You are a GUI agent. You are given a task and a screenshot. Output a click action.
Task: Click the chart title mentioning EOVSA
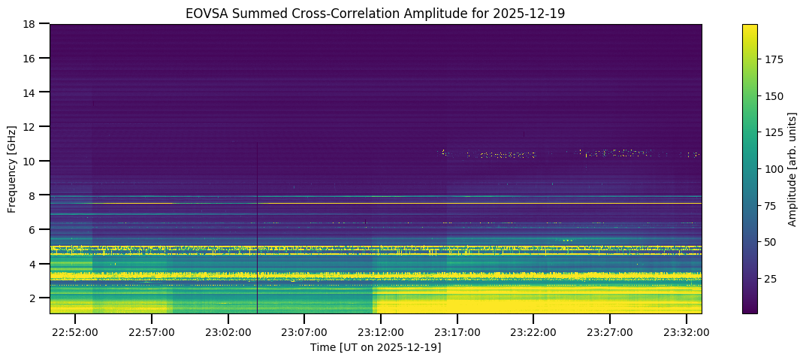point(375,13)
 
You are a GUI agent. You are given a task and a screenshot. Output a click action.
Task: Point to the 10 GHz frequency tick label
point(29,161)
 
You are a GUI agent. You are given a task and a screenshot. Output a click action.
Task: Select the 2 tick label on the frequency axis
point(32,298)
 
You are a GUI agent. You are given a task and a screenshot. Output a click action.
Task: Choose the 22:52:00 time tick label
point(75,331)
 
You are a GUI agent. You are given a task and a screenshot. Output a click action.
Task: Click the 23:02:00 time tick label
point(228,331)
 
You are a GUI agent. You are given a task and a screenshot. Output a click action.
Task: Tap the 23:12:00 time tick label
point(380,331)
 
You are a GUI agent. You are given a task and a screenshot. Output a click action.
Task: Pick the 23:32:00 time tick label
point(686,331)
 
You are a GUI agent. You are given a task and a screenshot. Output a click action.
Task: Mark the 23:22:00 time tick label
point(533,331)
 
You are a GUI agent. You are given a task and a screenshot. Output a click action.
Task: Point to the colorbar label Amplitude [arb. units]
point(792,168)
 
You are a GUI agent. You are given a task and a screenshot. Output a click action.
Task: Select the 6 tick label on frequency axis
point(32,229)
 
